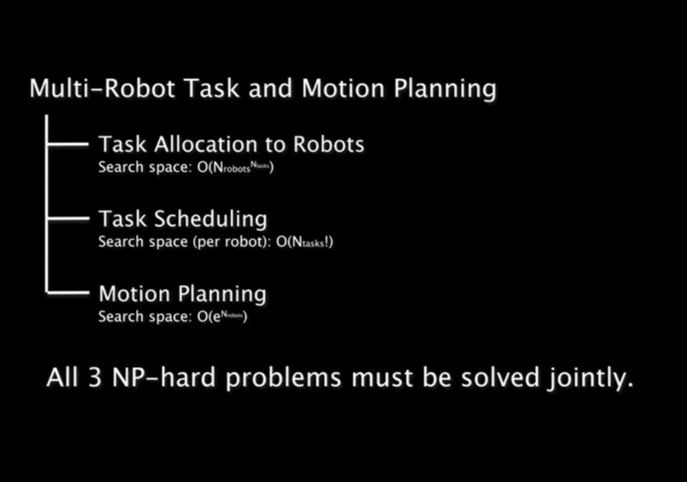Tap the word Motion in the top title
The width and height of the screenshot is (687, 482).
tap(335, 89)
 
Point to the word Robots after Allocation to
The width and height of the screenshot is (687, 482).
tap(328, 144)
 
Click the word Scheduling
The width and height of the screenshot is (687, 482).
tap(210, 219)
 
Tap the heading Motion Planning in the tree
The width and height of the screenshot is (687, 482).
tap(182, 294)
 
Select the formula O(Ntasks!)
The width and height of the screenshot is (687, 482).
tap(304, 242)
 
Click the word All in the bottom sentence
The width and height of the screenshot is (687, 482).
tap(62, 378)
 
